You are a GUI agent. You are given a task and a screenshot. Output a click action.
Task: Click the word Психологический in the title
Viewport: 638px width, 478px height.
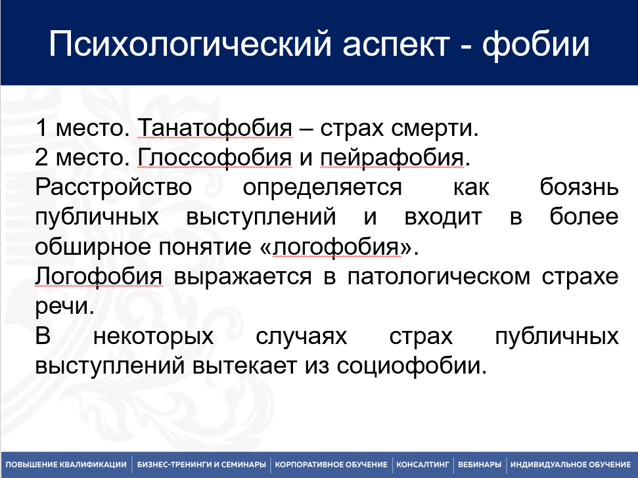point(191,44)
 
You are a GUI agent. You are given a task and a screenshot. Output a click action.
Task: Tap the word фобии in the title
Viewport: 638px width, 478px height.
point(536,44)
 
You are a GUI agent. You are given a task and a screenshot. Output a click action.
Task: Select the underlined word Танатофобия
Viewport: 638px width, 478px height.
point(215,128)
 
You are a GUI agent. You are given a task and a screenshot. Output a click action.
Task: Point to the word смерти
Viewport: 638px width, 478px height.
point(434,129)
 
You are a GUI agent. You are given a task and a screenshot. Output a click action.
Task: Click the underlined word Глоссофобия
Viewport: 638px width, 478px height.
point(215,158)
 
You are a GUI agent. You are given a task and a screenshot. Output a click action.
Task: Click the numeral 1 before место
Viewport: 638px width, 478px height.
point(41,128)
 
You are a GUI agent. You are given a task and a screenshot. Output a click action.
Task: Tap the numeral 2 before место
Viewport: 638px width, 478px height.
point(41,158)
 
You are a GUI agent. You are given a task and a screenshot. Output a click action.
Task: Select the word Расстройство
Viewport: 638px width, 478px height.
point(114,188)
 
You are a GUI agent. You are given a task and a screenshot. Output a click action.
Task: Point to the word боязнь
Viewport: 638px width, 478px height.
point(579,187)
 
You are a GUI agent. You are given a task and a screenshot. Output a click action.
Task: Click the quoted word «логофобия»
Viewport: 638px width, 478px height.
point(336,246)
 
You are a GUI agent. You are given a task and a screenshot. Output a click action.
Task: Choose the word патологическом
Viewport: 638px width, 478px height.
point(439,277)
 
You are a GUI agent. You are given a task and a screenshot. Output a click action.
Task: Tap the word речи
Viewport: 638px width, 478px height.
point(64,307)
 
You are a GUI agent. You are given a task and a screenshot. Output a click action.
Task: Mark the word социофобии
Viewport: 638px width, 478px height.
point(411,366)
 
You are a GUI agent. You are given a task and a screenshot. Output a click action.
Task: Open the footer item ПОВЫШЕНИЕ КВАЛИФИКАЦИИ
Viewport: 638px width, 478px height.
point(66,465)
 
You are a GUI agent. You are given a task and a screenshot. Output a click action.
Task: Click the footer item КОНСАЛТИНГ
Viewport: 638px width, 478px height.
point(422,465)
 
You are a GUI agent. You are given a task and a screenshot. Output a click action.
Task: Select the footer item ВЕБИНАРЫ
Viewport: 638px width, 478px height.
point(480,465)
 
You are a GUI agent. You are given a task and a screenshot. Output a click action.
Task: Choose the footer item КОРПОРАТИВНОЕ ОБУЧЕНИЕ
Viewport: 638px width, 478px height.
point(331,465)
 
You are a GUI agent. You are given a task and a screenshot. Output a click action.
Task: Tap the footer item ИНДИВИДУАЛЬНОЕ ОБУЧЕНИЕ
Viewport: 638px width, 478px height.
point(570,465)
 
